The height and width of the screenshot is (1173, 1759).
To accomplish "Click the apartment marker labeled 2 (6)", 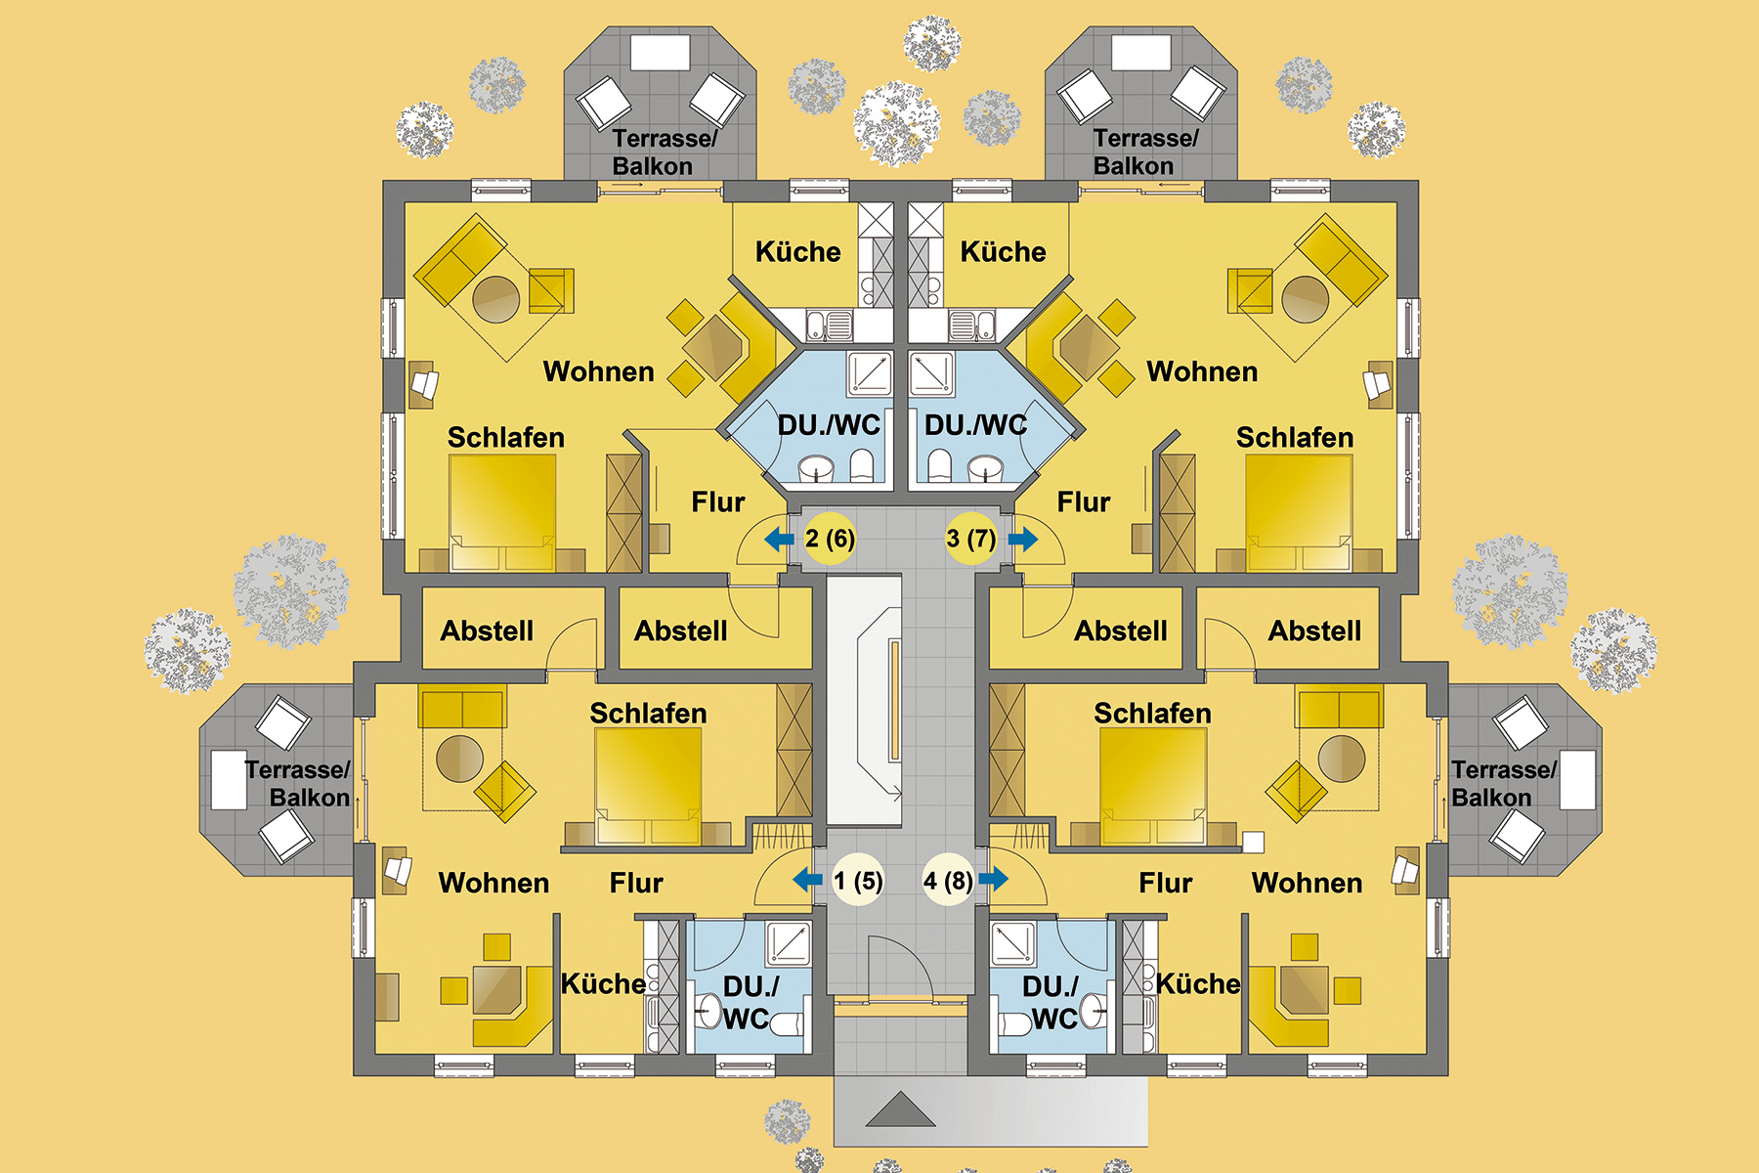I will (x=830, y=539).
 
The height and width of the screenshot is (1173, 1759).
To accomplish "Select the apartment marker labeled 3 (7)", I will (x=970, y=539).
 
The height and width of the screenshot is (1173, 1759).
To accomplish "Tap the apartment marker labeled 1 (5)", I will (x=857, y=881).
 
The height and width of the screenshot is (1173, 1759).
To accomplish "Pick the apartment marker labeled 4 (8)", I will (x=948, y=881).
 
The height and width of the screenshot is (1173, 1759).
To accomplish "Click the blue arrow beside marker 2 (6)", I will (x=779, y=539).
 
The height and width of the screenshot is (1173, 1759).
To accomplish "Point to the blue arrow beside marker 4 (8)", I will (x=994, y=879).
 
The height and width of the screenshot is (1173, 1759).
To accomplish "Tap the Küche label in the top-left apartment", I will (x=797, y=252).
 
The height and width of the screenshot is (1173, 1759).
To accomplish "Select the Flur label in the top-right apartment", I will (x=1083, y=502).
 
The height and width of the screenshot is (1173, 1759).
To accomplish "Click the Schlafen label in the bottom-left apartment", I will (x=648, y=714).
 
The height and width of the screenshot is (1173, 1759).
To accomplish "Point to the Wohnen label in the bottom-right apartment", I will (x=1307, y=883).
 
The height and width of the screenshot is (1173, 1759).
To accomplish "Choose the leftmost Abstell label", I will (x=487, y=631).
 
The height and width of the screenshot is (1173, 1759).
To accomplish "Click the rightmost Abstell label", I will (x=1314, y=631).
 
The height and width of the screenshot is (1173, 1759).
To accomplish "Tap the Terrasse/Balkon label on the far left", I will (x=298, y=784).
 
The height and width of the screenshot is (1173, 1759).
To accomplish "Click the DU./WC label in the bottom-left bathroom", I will (x=749, y=1002).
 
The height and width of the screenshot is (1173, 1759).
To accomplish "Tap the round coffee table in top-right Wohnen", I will (x=1305, y=299).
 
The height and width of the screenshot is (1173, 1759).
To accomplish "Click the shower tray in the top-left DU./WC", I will (x=869, y=372).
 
